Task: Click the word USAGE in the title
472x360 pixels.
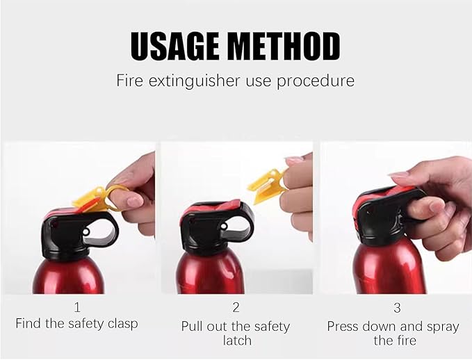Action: click(177, 45)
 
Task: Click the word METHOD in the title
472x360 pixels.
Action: click(284, 45)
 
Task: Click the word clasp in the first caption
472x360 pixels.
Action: click(120, 323)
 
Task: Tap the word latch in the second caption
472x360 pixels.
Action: click(235, 341)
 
